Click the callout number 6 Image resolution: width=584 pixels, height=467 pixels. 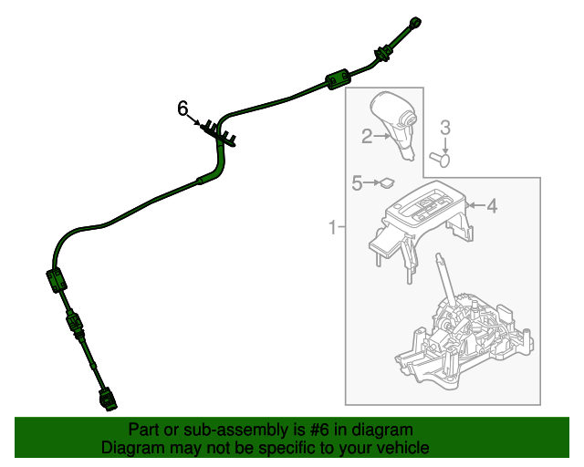click(x=182, y=109)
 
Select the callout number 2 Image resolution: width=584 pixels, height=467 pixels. click(x=367, y=137)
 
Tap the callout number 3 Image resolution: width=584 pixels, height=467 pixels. click(x=445, y=127)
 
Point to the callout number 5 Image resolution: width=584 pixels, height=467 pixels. click(x=358, y=184)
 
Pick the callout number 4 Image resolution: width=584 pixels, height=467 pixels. click(x=492, y=207)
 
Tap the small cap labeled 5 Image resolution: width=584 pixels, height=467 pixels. click(x=387, y=183)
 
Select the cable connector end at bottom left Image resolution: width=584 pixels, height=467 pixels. click(x=106, y=399)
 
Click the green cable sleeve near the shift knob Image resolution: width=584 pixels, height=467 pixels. click(x=338, y=80)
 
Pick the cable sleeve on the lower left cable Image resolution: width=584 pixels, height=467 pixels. click(x=56, y=280)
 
